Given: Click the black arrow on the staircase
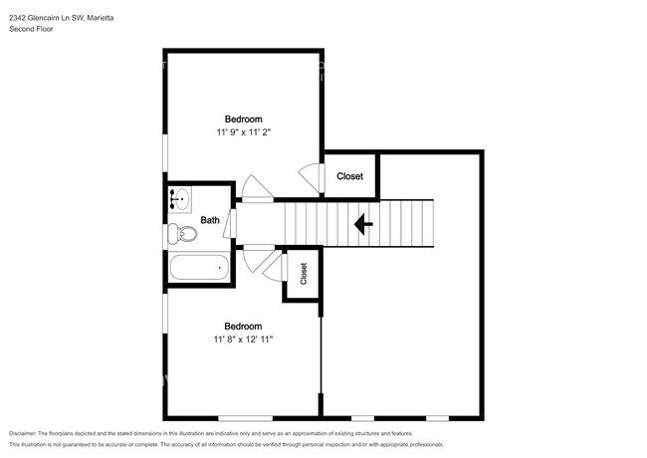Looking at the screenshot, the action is point(363,224).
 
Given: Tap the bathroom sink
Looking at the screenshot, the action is point(180,200).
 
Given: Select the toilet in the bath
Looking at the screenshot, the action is point(182,234).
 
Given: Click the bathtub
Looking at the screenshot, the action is point(199,268).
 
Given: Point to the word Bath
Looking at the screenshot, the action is point(210,220).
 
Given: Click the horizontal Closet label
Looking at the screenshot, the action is point(350,176).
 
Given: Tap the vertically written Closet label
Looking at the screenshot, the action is point(304,274).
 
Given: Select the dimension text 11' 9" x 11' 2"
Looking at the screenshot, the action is point(244,132).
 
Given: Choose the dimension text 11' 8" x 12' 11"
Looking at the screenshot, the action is point(243,340).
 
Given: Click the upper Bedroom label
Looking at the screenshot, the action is point(244,119).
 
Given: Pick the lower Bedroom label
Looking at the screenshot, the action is point(243,327).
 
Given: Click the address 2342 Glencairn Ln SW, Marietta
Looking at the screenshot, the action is point(62,18).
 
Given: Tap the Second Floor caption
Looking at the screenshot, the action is point(31,29).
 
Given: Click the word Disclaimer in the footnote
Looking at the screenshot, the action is point(22,434).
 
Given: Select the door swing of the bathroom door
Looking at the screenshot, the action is point(230,224).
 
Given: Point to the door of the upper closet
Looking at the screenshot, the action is point(312,178).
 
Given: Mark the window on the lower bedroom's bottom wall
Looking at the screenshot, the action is point(245,418).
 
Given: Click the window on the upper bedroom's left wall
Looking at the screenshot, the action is point(165,152).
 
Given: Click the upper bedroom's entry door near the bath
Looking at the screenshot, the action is point(257,189).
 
